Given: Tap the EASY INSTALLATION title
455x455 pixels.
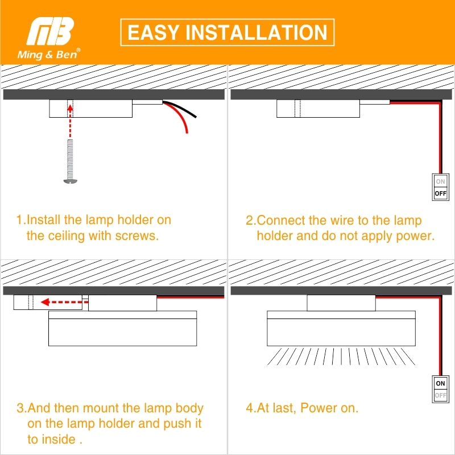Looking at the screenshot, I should pyautogui.click(x=227, y=32).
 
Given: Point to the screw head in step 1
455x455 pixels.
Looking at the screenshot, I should pyautogui.click(x=69, y=181).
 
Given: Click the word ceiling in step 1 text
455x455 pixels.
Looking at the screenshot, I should pyautogui.click(x=71, y=235).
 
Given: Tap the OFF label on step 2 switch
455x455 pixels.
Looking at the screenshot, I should pyautogui.click(x=441, y=193).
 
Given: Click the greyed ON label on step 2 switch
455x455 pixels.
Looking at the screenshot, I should pyautogui.click(x=441, y=182).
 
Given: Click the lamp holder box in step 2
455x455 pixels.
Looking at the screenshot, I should pyautogui.click(x=318, y=109).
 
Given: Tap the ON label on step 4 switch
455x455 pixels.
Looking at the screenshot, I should pyautogui.click(x=441, y=383).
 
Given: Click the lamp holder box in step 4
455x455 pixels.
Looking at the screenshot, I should pyautogui.click(x=341, y=303).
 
